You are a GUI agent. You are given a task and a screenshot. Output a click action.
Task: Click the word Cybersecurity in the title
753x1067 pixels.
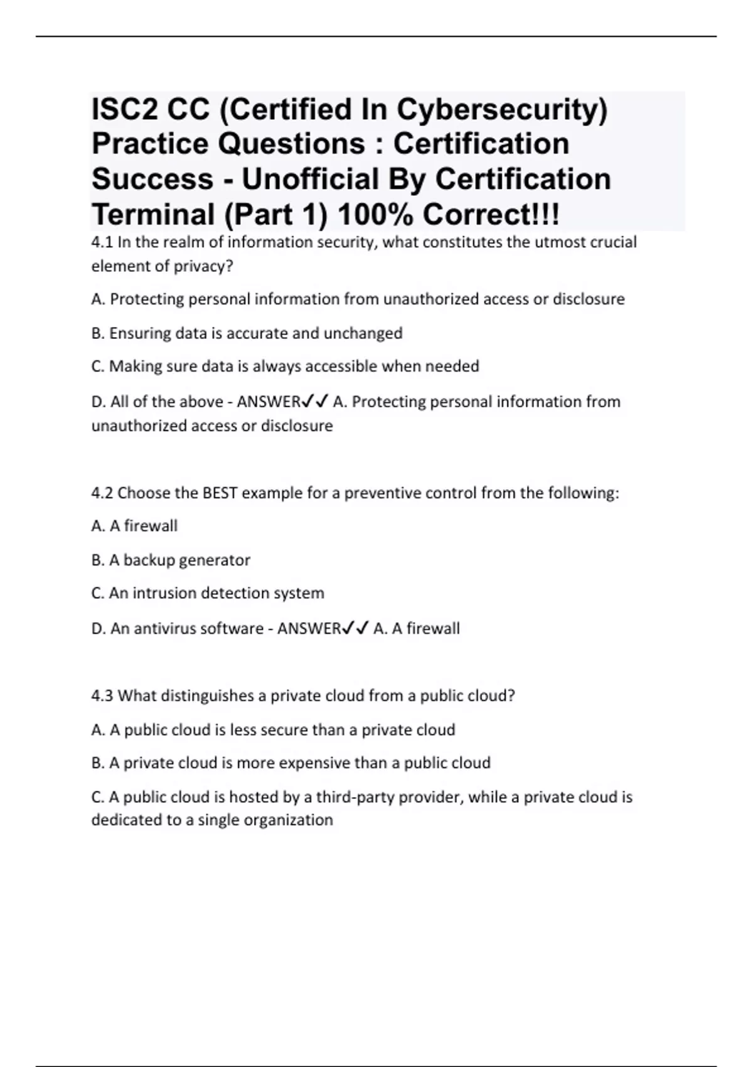click(501, 110)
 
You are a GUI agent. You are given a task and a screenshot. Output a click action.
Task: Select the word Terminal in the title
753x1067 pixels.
click(152, 215)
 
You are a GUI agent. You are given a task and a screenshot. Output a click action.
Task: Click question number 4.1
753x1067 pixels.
click(102, 242)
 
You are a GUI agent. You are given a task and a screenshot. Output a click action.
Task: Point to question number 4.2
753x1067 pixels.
click(102, 493)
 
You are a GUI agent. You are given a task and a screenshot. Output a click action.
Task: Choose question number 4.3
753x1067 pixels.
click(102, 695)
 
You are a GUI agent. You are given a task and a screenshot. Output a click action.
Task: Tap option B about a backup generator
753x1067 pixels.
click(171, 560)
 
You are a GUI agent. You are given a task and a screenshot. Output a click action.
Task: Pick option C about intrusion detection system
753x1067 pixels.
click(208, 593)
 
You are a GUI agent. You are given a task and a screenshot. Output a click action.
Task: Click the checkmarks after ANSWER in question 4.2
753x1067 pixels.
click(355, 628)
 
